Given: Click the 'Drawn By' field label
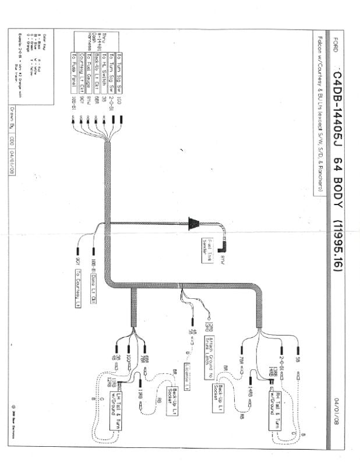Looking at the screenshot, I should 12,114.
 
